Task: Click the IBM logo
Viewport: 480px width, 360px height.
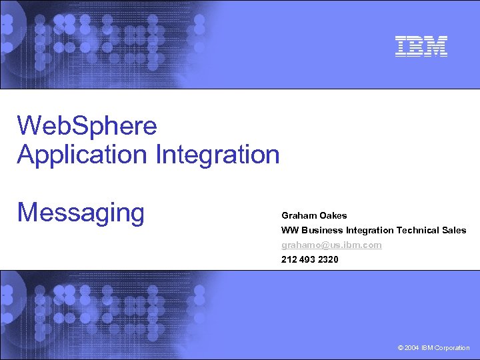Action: pyautogui.click(x=421, y=45)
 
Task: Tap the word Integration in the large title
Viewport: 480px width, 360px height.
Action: pyautogui.click(x=217, y=155)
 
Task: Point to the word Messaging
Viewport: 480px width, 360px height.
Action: pyautogui.click(x=81, y=213)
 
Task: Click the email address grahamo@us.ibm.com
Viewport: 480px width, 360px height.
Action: pyautogui.click(x=331, y=245)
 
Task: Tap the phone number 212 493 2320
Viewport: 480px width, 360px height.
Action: pyautogui.click(x=309, y=259)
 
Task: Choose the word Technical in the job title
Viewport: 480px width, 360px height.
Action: pyautogui.click(x=418, y=231)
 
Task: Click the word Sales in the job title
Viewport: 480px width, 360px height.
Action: pyautogui.click(x=455, y=231)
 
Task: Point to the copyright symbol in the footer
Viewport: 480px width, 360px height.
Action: pyautogui.click(x=399, y=348)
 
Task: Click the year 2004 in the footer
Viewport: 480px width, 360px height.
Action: pyautogui.click(x=412, y=348)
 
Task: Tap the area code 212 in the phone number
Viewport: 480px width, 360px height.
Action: pyautogui.click(x=289, y=259)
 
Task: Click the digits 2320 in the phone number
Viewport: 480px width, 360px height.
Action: pyautogui.click(x=328, y=259)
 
